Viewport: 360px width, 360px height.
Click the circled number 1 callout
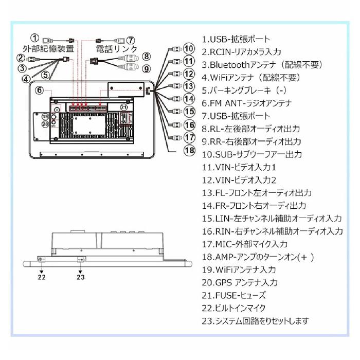[x=34, y=38]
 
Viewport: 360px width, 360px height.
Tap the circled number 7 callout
[x=131, y=41]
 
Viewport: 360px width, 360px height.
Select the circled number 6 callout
[x=39, y=90]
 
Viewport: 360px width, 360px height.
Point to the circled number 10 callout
[x=189, y=49]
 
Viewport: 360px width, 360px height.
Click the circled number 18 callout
[x=190, y=150]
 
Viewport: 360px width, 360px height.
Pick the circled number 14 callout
[x=189, y=99]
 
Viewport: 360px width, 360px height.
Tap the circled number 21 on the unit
[x=124, y=107]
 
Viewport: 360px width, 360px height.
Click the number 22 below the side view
[x=42, y=277]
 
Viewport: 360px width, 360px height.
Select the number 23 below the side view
[x=81, y=277]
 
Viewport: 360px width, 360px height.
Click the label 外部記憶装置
[x=48, y=49]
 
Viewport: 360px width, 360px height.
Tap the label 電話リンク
[x=116, y=49]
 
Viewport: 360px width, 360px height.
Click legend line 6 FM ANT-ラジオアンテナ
[x=246, y=103]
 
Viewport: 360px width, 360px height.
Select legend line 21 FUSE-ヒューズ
[x=233, y=295]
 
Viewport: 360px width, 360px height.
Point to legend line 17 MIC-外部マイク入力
[x=244, y=244]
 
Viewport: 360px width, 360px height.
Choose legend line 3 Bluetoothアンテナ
[x=262, y=65]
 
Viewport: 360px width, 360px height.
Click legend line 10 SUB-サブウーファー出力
[x=252, y=154]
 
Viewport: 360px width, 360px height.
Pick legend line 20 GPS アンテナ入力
[x=240, y=282]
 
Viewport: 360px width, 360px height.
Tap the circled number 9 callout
[x=147, y=68]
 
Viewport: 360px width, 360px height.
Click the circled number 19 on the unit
[x=45, y=117]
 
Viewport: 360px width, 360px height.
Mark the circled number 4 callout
[x=26, y=79]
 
